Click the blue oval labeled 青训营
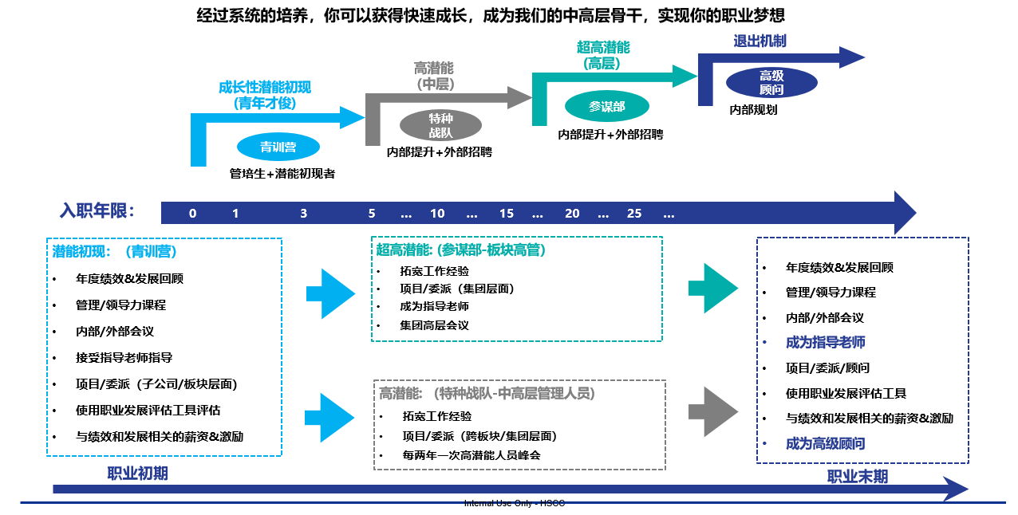[x=278, y=147]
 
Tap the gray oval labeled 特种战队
[x=440, y=125]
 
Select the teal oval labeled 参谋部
[x=606, y=106]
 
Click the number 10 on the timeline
[x=437, y=214]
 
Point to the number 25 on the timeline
[x=634, y=214]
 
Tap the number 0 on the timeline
[x=193, y=214]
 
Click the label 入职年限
[x=97, y=211]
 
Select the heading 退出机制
[x=760, y=41]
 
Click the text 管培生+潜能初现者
[x=282, y=173]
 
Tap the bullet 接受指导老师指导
[x=124, y=358]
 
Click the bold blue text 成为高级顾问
[x=825, y=443]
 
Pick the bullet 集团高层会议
[x=434, y=325]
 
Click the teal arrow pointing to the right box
[x=712, y=288]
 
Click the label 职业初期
[x=137, y=474]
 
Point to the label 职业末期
[x=857, y=477]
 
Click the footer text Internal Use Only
[x=514, y=504]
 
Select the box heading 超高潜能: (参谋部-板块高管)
[x=460, y=250]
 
